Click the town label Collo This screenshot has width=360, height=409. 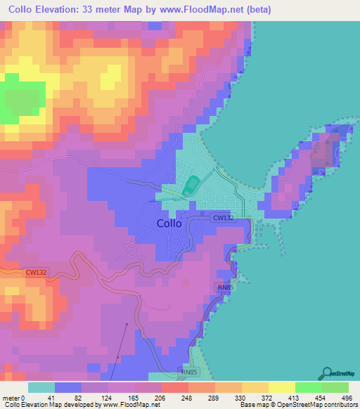(x=169, y=223)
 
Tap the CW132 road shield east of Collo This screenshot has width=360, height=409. (x=223, y=219)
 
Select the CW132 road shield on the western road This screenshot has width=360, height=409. (x=36, y=272)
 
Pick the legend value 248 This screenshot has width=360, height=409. (x=174, y=397)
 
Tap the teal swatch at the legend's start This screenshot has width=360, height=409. (x=41, y=387)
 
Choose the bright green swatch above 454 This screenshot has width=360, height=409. (x=308, y=387)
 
